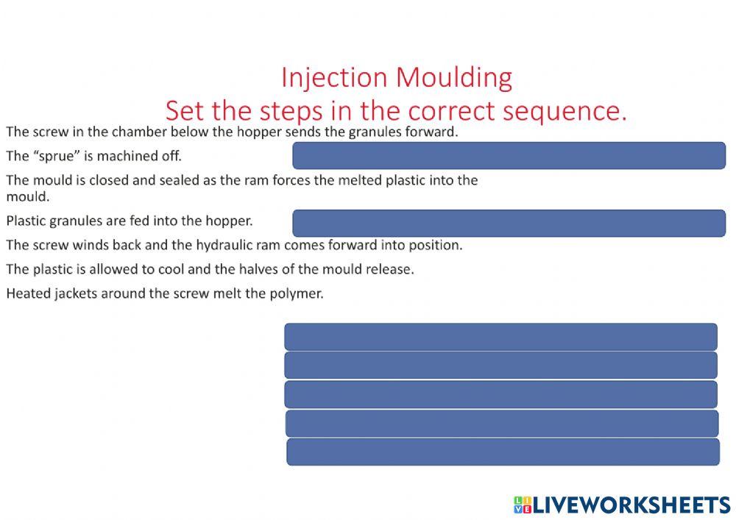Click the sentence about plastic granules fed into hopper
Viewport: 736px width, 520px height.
(129, 220)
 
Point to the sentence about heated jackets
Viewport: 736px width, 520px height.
(164, 293)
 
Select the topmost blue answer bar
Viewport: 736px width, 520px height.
(509, 156)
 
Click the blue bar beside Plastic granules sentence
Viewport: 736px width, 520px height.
(509, 223)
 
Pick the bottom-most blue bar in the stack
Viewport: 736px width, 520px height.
(503, 452)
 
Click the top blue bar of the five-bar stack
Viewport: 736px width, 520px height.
(500, 337)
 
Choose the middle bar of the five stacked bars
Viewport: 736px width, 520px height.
(500, 394)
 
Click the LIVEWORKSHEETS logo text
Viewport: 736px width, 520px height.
(631, 505)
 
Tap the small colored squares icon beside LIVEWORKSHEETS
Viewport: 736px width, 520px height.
(523, 505)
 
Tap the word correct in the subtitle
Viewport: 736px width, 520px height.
(451, 111)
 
